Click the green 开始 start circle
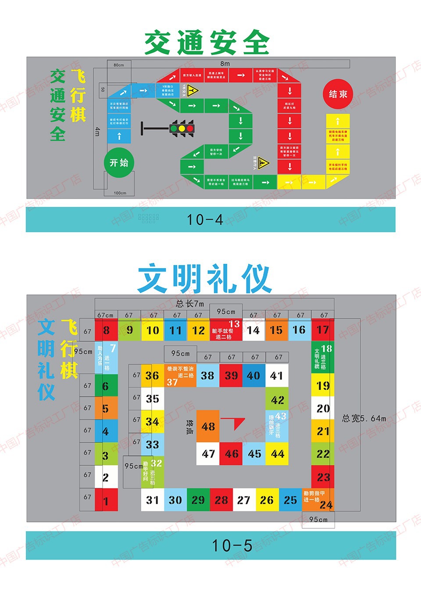(119, 163)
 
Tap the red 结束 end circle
(338, 94)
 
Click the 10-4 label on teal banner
(205, 220)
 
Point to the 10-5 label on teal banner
(232, 545)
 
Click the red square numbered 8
(107, 330)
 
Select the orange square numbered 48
(208, 426)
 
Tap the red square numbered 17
(323, 330)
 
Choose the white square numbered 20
(323, 408)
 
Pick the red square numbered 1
(106, 500)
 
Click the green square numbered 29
(198, 500)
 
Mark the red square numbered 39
(231, 375)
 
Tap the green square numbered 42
(277, 400)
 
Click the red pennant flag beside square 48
(234, 423)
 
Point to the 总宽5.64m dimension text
(364, 418)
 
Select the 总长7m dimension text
(190, 303)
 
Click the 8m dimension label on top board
(225, 64)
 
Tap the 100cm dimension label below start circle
(120, 193)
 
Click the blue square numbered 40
(254, 375)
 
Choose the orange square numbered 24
(318, 500)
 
